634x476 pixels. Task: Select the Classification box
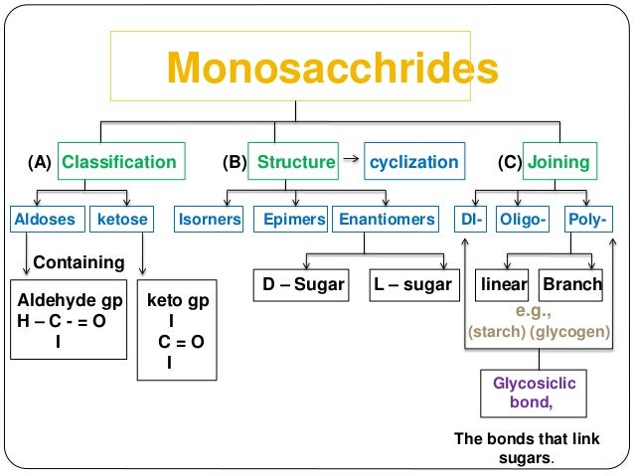(x=118, y=162)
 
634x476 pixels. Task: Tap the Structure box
(x=295, y=162)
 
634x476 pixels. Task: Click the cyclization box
(x=413, y=162)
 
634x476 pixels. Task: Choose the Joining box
(x=558, y=162)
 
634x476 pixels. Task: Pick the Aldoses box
(x=45, y=220)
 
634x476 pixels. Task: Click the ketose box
(x=121, y=220)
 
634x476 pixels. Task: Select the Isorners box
(x=209, y=220)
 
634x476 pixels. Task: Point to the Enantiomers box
(x=385, y=220)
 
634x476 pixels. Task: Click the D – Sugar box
(x=303, y=284)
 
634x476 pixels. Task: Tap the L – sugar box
(x=412, y=284)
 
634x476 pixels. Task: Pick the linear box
(x=503, y=284)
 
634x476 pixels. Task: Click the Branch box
(x=571, y=284)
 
